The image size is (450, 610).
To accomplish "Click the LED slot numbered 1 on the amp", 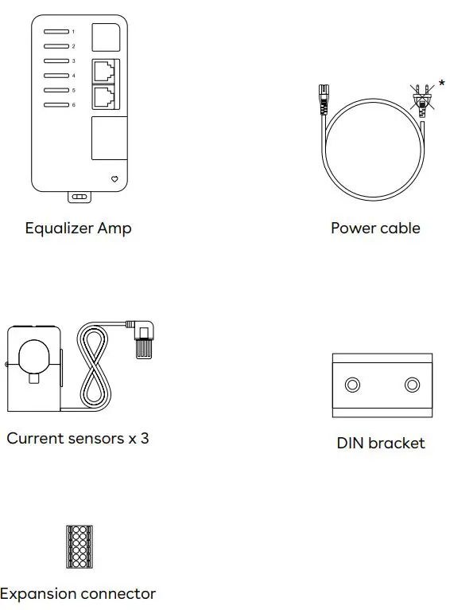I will pos(56,32).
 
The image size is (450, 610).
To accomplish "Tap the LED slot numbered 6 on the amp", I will pos(56,104).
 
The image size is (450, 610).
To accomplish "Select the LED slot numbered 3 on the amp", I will pos(56,61).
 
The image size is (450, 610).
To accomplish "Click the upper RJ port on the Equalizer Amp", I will pos(103,71).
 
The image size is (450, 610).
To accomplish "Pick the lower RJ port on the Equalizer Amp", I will pos(103,97).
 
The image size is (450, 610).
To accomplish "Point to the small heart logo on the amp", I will pos(114,179).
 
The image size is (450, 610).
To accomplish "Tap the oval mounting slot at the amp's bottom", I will pos(79,196).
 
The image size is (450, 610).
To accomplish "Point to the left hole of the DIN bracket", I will pos(352,385).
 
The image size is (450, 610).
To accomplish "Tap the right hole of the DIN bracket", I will pos(411,385).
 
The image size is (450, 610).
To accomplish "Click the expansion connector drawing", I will pos(79,546).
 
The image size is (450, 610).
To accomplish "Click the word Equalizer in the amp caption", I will pos(59,229).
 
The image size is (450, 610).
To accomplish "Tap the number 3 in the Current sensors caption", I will pos(144,438).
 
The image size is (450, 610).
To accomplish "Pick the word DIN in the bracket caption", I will pos(351,444).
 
